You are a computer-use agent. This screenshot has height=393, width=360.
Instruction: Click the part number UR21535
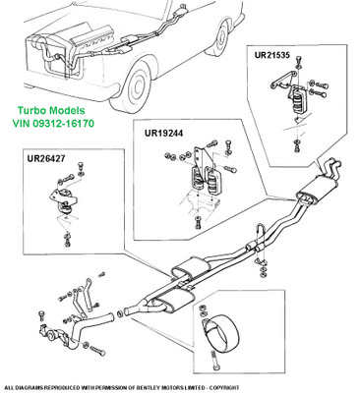pos(272,55)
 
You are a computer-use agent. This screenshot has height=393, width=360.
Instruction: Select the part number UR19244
pos(163,133)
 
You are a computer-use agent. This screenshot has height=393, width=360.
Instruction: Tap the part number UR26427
pos(46,158)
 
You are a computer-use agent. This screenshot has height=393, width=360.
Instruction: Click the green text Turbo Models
pos(51,111)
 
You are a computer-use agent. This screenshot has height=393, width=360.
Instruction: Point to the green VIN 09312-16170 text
pos(53,124)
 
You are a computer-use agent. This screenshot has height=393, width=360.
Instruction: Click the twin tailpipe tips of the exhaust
pos(331,165)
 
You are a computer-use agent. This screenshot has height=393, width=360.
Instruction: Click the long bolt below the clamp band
pos(214,362)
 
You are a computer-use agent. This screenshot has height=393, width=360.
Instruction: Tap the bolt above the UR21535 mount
pos(298,62)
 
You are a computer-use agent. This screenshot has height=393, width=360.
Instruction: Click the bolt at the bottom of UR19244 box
pos(198,223)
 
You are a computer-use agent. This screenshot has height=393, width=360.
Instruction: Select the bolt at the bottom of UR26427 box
pos(67,239)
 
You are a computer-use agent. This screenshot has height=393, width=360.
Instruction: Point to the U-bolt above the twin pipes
pos(260,235)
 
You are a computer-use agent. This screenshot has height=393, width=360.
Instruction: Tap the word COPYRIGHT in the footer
pos(226,387)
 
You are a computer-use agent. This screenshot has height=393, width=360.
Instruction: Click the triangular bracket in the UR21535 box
pos(282,81)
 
